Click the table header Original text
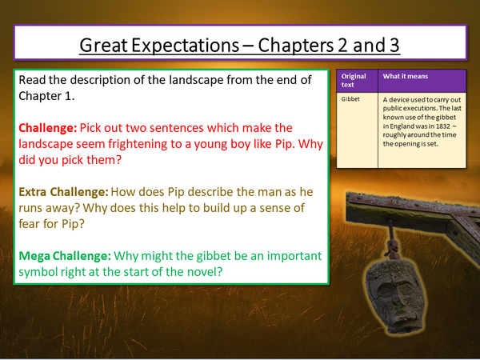click(353, 81)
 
